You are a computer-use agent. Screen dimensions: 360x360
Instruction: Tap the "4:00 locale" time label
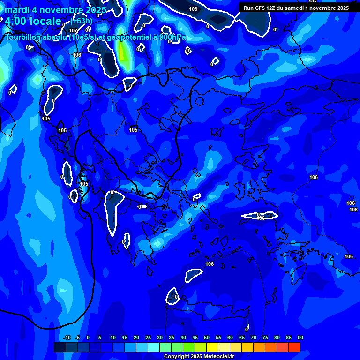tap(33, 21)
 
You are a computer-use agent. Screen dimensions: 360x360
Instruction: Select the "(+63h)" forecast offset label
tap(82, 21)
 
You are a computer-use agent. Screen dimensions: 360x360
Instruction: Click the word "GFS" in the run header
tap(260, 8)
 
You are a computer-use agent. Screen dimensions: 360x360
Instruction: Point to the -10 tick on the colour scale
tap(67, 338)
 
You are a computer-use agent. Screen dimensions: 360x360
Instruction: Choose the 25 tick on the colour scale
tap(148, 338)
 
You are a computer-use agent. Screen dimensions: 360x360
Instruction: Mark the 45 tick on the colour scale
tap(195, 338)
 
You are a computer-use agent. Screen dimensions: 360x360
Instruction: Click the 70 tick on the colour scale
tap(254, 338)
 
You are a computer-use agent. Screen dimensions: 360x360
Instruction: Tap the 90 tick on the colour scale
tap(300, 338)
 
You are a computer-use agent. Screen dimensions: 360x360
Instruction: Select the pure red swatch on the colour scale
tap(294, 347)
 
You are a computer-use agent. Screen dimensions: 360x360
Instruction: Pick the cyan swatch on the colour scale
tap(154, 347)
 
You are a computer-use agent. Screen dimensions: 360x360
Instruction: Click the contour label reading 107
tap(73, 31)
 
